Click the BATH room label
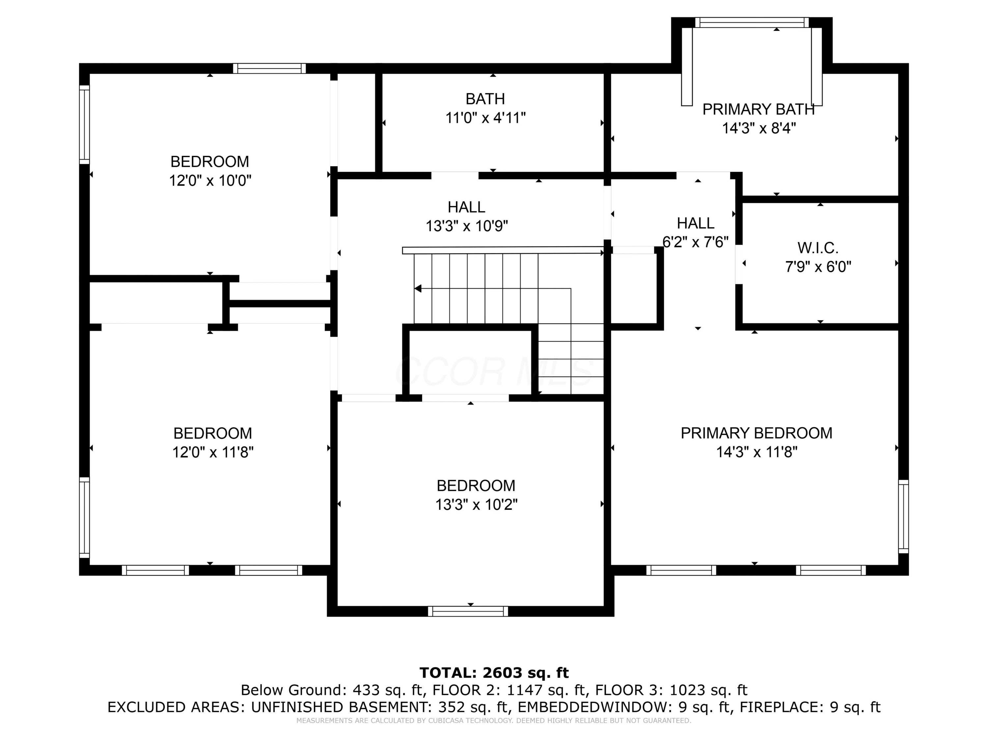click(485, 99)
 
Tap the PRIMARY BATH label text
click(758, 109)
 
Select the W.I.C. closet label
click(818, 248)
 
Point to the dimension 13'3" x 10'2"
click(476, 505)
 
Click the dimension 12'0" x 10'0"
click(210, 181)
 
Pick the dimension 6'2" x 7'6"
click(696, 242)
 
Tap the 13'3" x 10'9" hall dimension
click(467, 227)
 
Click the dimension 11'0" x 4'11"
click(485, 118)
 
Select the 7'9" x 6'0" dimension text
click(818, 267)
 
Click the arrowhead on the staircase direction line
click(418, 288)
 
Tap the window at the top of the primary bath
click(752, 23)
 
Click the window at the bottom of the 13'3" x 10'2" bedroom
click(468, 611)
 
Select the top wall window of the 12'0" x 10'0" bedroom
click(269, 69)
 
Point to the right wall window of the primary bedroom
click(903, 516)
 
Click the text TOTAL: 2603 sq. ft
click(494, 672)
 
